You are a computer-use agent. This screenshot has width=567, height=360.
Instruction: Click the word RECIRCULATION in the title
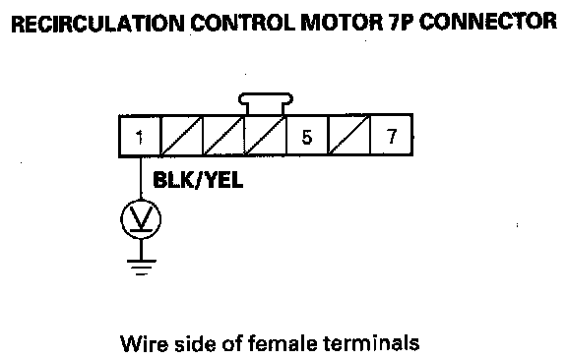97,23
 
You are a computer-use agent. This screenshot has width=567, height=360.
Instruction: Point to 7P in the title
401,23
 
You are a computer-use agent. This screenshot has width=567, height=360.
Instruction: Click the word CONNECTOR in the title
488,23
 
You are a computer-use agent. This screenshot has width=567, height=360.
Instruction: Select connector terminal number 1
140,137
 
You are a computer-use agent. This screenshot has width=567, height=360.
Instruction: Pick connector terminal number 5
307,137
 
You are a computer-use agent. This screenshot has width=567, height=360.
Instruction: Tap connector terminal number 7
392,136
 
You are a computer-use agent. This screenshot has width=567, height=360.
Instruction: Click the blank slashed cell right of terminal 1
181,136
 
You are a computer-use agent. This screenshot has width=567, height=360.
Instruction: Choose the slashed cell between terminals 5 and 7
349,136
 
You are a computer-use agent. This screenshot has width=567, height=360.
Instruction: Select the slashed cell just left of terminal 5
266,136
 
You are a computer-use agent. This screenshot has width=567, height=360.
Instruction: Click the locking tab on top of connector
266,103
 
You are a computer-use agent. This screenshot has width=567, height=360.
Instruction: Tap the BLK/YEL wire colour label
198,180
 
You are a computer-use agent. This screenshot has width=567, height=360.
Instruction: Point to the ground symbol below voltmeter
142,267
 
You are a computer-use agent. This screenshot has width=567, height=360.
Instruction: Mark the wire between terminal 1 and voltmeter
141,178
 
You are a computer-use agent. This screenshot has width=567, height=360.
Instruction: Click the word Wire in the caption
145,343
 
